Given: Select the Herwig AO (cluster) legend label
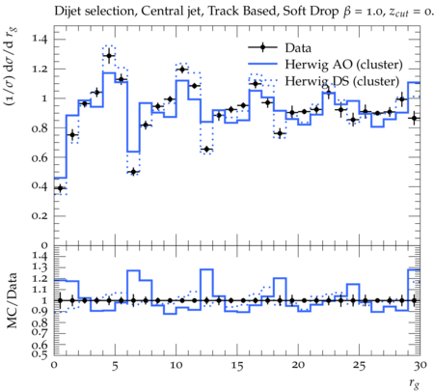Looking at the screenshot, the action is [x=343, y=65].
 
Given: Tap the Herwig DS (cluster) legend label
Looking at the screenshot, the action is [x=342, y=81].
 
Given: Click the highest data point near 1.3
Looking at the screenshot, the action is [x=109, y=56].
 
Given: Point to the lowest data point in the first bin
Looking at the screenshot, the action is [x=60, y=188].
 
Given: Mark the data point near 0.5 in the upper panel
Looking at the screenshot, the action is [x=133, y=172].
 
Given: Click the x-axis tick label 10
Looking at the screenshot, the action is [x=176, y=365].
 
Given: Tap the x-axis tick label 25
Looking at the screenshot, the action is [x=359, y=365].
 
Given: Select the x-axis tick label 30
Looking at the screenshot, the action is [x=420, y=365].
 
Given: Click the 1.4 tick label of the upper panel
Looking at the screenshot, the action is [x=40, y=39].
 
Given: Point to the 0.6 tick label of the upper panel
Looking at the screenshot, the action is [x=40, y=157].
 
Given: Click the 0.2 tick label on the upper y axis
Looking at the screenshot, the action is [x=40, y=216].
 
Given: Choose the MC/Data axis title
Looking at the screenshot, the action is [x=12, y=300].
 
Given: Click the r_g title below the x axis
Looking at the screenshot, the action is [x=415, y=382].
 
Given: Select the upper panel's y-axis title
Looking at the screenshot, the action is [x=11, y=67].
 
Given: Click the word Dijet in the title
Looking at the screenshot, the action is [x=68, y=12].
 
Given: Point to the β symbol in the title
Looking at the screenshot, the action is [x=346, y=12].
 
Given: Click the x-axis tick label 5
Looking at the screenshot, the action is [x=115, y=366].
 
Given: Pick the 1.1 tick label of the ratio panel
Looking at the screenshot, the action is [x=40, y=290].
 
